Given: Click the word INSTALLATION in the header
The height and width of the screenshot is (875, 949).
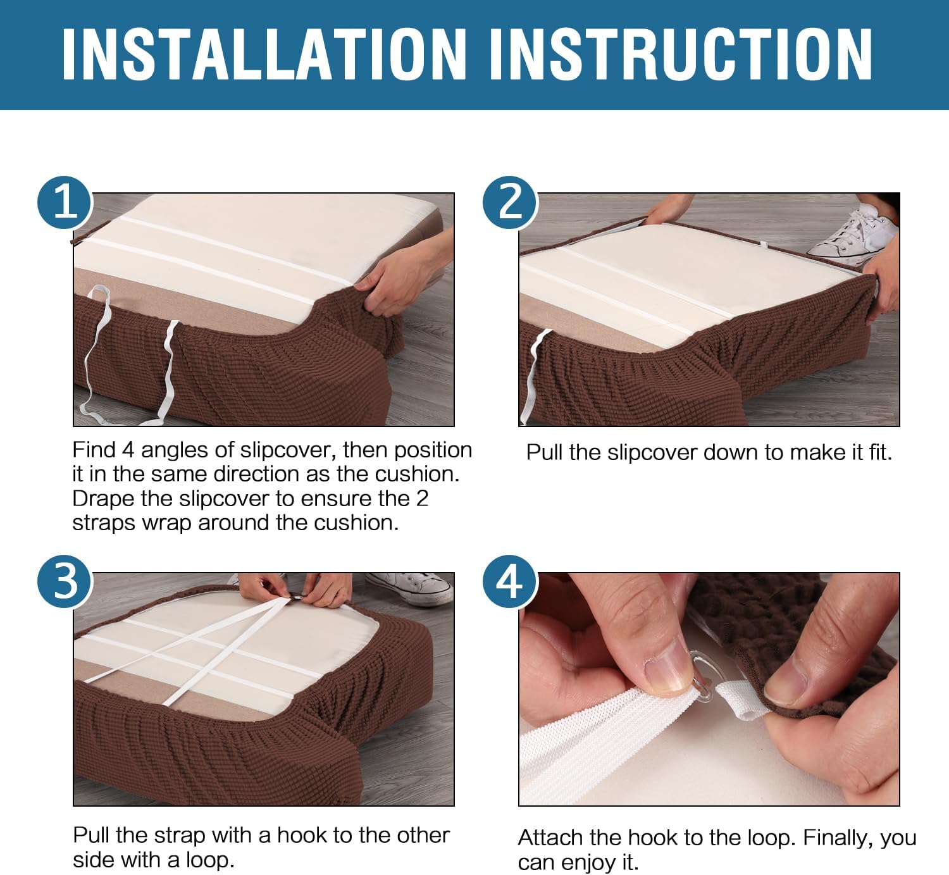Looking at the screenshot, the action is point(264,54).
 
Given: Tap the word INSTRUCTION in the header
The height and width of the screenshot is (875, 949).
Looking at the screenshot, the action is point(681,54).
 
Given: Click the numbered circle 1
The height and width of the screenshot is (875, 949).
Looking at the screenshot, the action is point(65,202).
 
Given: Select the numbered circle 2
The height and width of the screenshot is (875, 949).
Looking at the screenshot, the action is point(510,202).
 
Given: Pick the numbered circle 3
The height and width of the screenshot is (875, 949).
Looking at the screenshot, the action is point(65,581).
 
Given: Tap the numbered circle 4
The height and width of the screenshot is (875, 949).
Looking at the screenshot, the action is point(510,581).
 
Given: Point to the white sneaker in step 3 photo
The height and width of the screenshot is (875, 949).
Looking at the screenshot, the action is point(410,589).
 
